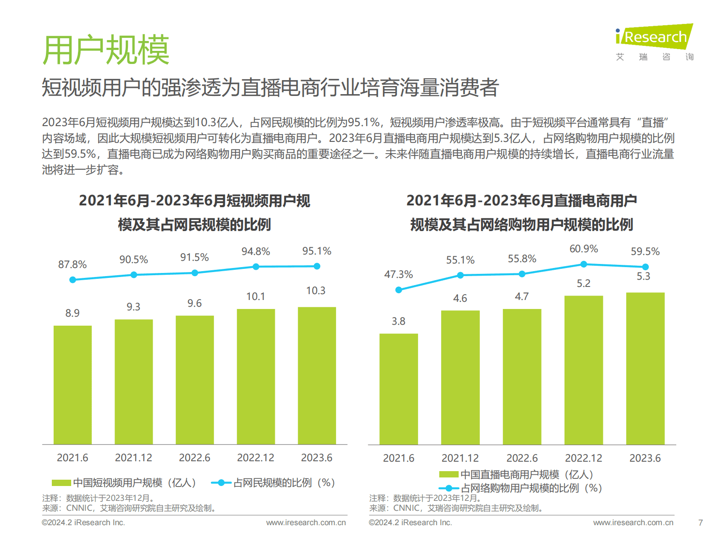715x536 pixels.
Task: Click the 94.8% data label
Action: tap(255, 251)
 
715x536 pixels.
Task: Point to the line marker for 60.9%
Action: tap(583, 264)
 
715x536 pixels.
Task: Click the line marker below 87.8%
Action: tap(73, 280)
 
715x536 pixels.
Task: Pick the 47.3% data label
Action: tap(398, 274)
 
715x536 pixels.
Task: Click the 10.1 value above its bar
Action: tap(255, 296)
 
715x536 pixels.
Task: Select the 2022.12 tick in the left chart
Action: tap(255, 458)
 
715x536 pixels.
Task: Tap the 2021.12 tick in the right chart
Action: tap(460, 458)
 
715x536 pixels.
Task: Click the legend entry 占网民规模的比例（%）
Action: tap(284, 483)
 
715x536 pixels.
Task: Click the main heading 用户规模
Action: tap(106, 50)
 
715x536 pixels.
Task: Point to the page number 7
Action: tap(700, 522)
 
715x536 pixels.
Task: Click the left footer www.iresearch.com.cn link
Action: tap(306, 522)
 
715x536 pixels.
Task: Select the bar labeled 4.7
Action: tap(522, 377)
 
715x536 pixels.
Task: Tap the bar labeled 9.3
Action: tap(133, 382)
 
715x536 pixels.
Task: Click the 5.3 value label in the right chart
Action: tap(643, 276)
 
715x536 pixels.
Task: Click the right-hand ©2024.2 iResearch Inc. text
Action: tap(410, 522)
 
